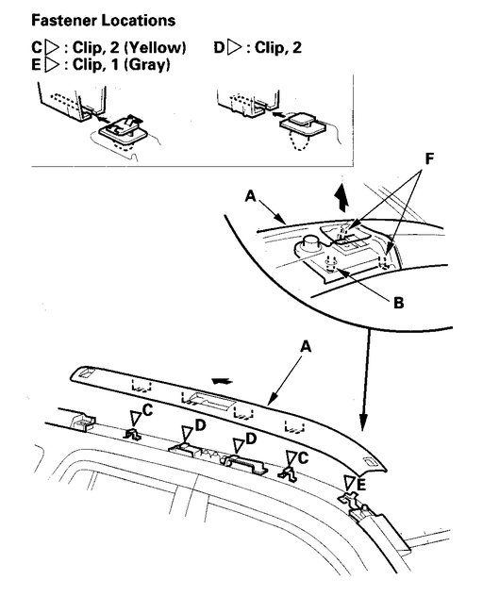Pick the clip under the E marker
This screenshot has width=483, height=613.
(x=358, y=507)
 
